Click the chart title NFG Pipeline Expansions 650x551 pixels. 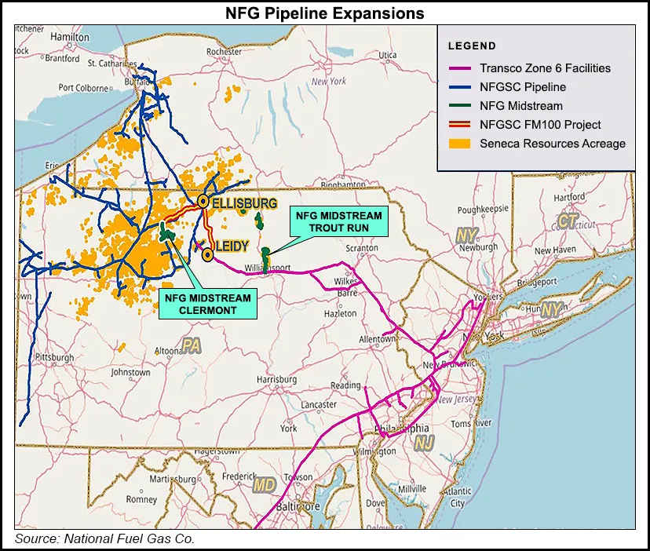[324, 13]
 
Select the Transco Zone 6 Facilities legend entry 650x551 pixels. [545, 68]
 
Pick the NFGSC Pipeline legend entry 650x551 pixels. [523, 87]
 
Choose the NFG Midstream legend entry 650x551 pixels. [520, 106]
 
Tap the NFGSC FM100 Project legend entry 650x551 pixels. [540, 125]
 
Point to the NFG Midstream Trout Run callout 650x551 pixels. [340, 221]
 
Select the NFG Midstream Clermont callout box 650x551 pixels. [208, 304]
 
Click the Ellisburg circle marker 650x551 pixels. [203, 202]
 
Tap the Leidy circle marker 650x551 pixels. [207, 255]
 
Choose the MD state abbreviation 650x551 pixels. [265, 485]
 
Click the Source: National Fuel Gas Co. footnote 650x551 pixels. [104, 538]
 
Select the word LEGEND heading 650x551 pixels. [472, 46]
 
